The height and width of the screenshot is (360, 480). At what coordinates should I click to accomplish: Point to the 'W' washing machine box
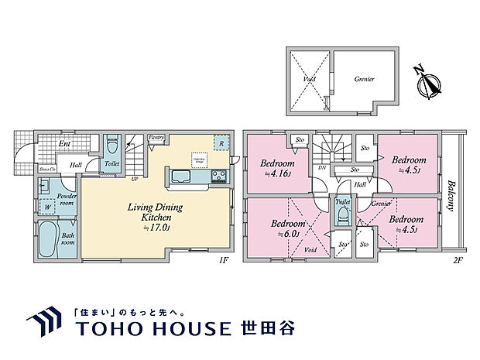(48, 207)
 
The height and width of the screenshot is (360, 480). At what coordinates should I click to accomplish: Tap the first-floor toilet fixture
(113, 145)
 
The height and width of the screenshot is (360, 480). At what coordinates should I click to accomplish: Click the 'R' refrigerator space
(222, 144)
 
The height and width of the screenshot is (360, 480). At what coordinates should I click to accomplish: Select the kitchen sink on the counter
(180, 177)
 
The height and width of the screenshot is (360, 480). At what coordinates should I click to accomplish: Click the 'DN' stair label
(321, 169)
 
